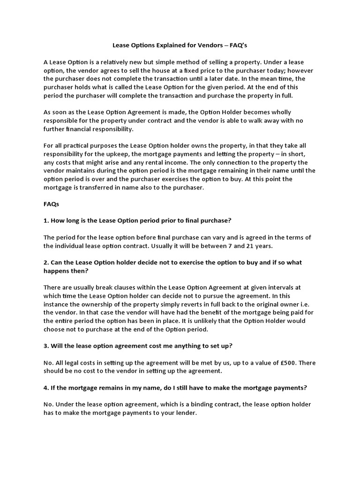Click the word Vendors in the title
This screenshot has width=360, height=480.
(x=220, y=46)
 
